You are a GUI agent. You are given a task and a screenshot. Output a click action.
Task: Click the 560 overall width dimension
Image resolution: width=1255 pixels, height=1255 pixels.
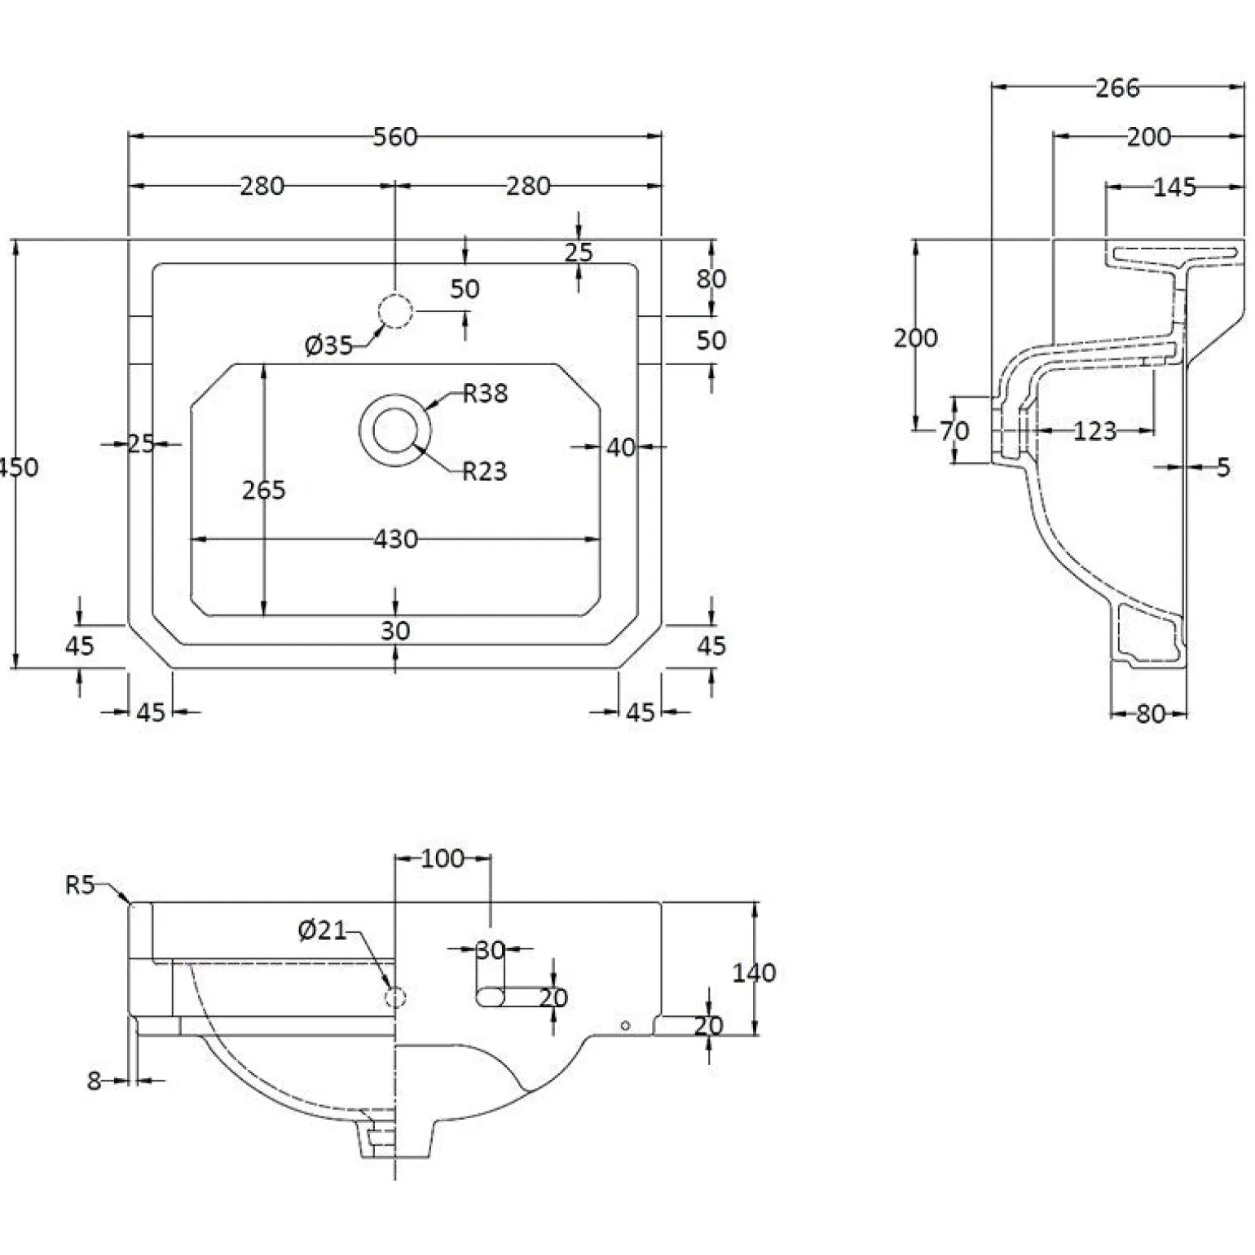395,137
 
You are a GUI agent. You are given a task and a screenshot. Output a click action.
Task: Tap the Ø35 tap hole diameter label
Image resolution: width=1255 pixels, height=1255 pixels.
328,346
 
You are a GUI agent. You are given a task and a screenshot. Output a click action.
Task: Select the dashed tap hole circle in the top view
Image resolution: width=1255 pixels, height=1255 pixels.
395,310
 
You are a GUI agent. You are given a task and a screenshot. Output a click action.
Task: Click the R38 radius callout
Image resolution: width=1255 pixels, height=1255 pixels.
485,394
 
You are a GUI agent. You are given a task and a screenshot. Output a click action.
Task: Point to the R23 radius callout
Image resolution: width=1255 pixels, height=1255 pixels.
485,471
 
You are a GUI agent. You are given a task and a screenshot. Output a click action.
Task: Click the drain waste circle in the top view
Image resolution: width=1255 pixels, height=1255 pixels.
395,429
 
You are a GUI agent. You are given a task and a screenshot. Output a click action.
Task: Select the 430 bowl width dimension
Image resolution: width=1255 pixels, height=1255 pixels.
395,539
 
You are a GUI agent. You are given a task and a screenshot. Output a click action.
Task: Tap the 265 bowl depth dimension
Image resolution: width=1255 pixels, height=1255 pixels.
264,490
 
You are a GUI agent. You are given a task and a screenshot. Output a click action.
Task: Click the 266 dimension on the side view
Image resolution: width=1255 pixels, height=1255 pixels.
1117,88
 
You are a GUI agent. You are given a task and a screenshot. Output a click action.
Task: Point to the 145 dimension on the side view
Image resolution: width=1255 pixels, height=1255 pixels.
1175,187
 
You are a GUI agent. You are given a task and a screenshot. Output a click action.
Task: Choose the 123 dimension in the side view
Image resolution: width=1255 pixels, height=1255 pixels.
1094,431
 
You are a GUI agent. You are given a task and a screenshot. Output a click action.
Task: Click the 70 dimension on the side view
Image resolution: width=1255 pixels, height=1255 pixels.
954,430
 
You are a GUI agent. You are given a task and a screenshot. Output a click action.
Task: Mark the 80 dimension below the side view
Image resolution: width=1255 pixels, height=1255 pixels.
1150,714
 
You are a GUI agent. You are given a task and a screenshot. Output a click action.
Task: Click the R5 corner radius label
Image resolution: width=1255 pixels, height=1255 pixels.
81,885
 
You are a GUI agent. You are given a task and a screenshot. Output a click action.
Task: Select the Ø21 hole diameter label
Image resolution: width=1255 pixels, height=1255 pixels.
323,930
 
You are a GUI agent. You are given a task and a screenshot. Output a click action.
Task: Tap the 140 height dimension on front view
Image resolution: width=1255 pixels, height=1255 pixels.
754,972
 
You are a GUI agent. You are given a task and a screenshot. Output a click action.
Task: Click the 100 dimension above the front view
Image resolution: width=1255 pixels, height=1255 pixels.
443,858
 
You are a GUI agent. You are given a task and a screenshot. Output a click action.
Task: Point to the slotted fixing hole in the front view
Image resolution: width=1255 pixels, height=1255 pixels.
491,997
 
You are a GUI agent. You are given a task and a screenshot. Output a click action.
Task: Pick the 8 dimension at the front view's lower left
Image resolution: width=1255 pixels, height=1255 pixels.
94,1081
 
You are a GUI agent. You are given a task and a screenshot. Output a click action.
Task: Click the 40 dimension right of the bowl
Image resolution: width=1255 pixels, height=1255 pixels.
621,447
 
